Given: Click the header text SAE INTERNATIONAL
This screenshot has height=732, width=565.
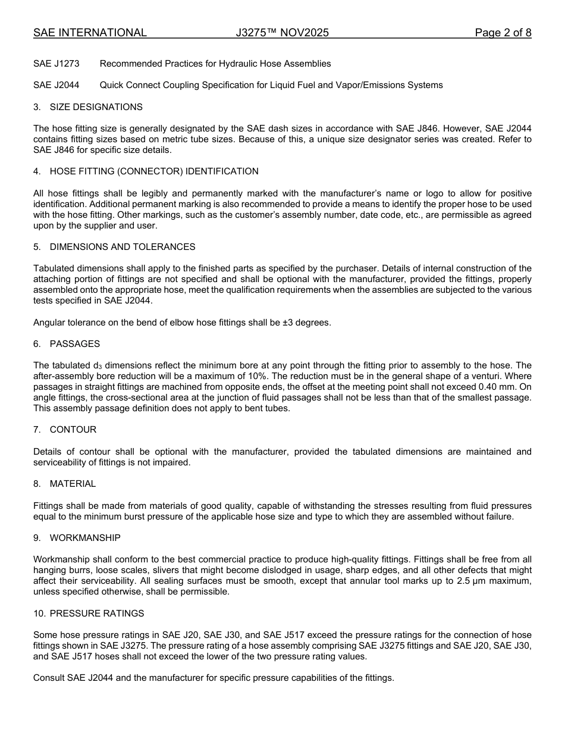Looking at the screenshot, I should click(x=90, y=33).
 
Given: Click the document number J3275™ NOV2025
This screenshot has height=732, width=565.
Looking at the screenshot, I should click(x=282, y=33).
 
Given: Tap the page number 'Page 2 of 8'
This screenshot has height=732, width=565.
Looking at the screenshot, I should click(x=503, y=33).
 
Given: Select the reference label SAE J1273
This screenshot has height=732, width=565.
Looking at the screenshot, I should click(x=56, y=64).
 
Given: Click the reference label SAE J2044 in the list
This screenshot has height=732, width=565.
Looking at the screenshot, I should click(x=56, y=85).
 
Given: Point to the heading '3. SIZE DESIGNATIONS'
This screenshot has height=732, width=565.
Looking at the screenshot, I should click(x=88, y=107).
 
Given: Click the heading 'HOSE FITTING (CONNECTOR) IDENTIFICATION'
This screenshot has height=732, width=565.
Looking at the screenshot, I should click(x=153, y=171).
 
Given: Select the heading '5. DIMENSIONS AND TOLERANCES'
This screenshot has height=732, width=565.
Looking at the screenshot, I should click(x=114, y=247).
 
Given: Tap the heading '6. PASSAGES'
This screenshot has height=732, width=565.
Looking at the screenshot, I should click(x=67, y=344).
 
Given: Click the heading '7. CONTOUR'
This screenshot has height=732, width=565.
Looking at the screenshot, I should click(x=65, y=430).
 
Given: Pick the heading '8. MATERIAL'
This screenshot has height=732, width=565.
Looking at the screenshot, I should click(x=64, y=484).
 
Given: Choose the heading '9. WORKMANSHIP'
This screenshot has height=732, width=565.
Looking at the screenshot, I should click(x=77, y=538).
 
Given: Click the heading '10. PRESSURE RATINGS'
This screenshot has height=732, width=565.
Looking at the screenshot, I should click(x=89, y=614).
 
